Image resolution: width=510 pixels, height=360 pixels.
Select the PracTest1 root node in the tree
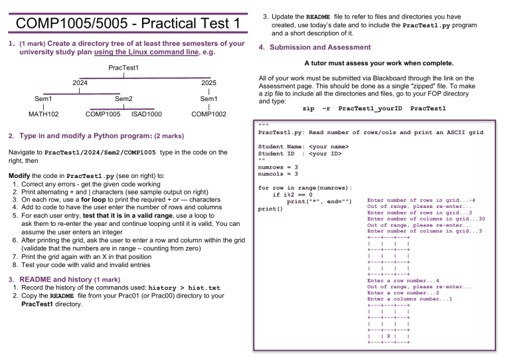coord(125,68)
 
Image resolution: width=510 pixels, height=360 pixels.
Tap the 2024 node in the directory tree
coord(80,83)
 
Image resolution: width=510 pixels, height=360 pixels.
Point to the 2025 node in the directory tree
coord(209,83)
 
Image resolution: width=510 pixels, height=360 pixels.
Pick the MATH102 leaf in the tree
coord(43,114)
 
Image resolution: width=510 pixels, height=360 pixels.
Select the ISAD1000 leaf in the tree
coord(147,114)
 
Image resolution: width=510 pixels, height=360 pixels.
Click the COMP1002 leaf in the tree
coord(209,114)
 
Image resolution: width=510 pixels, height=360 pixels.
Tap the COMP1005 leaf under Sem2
coord(103,114)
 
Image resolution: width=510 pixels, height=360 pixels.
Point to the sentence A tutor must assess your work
coord(379,64)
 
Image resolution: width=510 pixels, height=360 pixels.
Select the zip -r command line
coord(374,108)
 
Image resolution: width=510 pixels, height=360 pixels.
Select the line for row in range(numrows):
coord(305,188)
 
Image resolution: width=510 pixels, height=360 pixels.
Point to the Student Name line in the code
coord(303,147)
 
